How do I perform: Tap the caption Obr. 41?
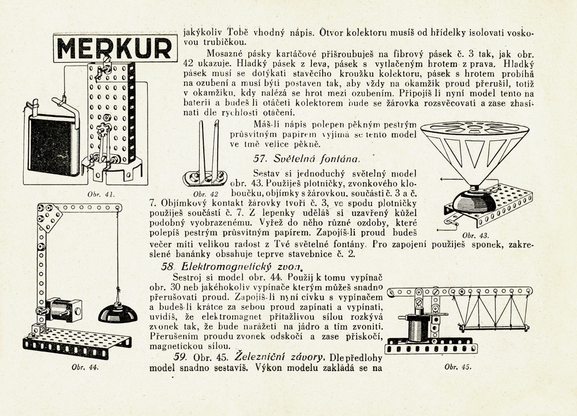pos(100,194)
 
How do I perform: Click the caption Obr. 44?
pos(83,367)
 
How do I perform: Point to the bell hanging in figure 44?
pos(118,312)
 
